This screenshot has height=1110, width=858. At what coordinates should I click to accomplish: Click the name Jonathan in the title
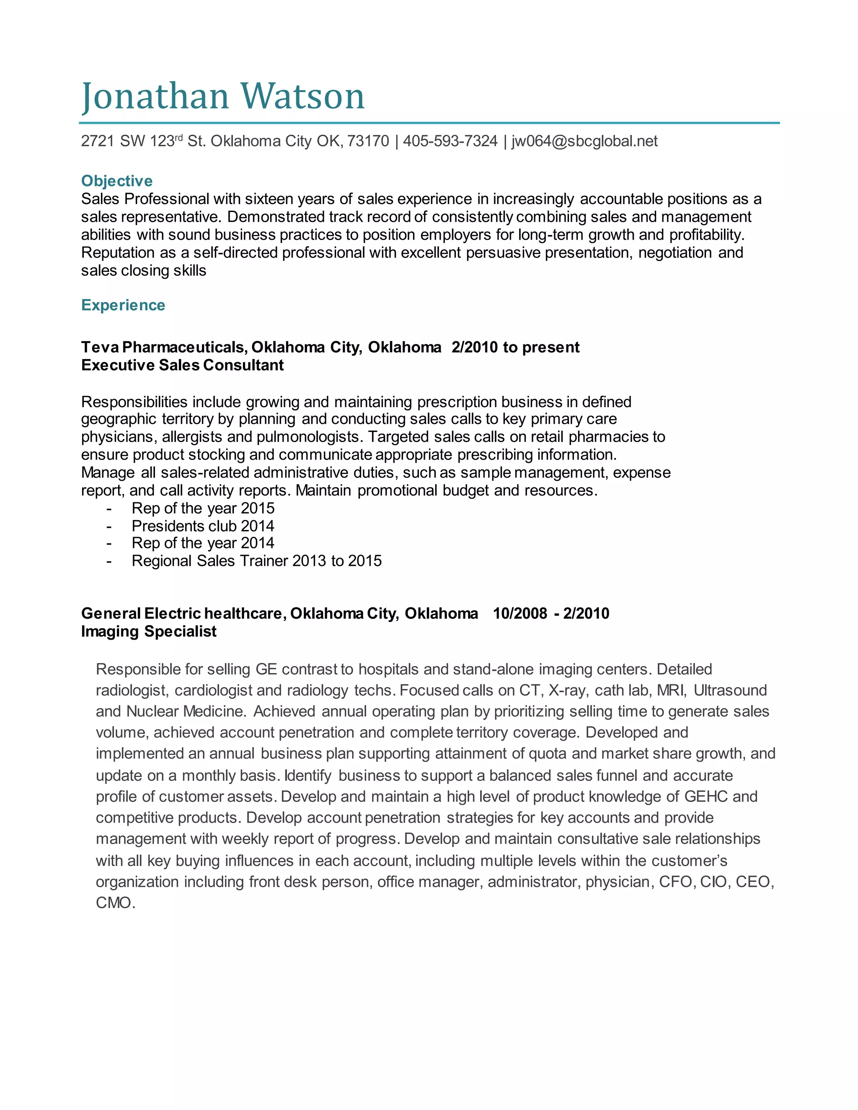[x=155, y=97]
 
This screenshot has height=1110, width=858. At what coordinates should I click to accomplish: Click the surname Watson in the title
[x=302, y=97]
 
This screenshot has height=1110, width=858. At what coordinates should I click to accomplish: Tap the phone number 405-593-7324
[x=450, y=141]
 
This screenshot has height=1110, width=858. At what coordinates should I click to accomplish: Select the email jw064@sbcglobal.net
[x=584, y=141]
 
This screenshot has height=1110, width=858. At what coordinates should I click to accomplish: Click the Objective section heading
[x=117, y=181]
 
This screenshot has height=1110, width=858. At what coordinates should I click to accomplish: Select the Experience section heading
[x=123, y=305]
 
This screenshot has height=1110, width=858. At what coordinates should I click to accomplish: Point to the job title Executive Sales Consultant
[x=183, y=365]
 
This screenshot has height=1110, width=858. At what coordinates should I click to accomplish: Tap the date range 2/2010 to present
[x=515, y=347]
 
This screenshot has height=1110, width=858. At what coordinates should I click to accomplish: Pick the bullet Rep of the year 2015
[x=203, y=508]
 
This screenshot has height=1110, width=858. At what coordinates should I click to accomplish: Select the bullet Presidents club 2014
[x=203, y=526]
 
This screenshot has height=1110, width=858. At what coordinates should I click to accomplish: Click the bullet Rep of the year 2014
[x=203, y=543]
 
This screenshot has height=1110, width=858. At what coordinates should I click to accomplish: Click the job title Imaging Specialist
[x=149, y=631]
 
